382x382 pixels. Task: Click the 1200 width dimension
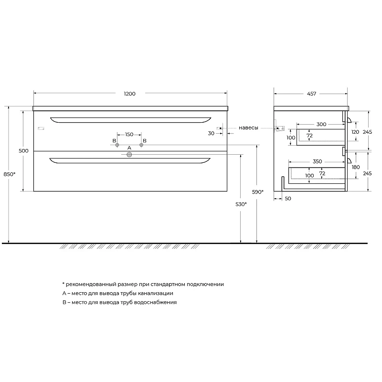point(129,94)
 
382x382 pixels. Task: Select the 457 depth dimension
point(312,94)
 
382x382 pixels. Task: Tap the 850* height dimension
point(10,174)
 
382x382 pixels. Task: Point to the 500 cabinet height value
point(23,151)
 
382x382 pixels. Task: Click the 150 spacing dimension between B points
point(129,135)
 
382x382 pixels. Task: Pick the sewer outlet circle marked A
point(129,154)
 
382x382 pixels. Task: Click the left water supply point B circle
point(117,145)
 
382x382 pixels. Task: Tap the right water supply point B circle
point(141,145)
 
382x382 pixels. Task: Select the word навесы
point(248,128)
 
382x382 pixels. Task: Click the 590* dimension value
point(258,192)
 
